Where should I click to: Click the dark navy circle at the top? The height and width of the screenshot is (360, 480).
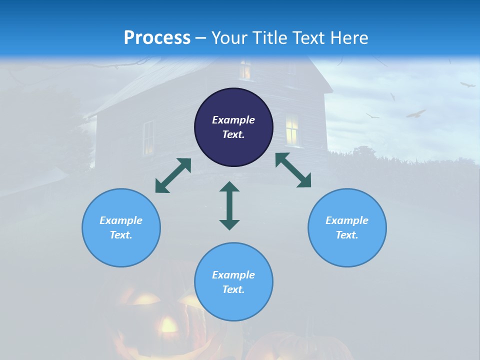(x=233, y=127)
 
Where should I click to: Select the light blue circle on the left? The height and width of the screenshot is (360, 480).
(x=121, y=227)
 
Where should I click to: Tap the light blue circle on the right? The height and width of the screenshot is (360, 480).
(x=347, y=227)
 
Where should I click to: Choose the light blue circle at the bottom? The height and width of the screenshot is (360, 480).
(x=233, y=282)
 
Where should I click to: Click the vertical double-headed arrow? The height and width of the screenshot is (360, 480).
(x=229, y=205)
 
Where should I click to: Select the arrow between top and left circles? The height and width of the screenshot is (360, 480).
(x=173, y=175)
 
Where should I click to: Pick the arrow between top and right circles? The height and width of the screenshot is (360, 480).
(x=293, y=170)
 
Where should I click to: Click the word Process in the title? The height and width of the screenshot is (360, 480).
(x=157, y=37)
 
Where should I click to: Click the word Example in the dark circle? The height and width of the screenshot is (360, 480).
(x=233, y=120)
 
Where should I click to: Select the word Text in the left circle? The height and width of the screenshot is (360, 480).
(x=121, y=235)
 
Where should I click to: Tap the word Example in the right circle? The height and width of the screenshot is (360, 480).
(x=347, y=220)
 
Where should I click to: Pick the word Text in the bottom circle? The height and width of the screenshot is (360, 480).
(x=233, y=289)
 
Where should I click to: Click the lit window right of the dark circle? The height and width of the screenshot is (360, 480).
(x=292, y=129)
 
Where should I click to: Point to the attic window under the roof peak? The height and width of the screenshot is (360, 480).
(x=245, y=69)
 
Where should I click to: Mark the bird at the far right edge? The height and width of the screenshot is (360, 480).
(x=468, y=85)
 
